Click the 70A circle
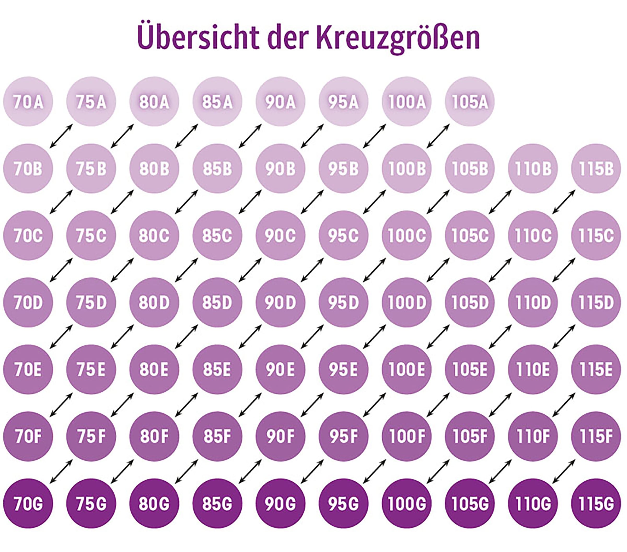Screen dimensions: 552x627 (x=28, y=102)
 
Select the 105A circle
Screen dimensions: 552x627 (x=470, y=102)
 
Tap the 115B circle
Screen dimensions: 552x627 (x=596, y=169)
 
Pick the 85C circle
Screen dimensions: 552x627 (x=217, y=236)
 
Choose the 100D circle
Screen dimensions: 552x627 (x=407, y=303)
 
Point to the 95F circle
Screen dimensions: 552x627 (x=344, y=436)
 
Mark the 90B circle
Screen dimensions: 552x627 (x=280, y=169)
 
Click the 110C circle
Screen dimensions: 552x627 (x=533, y=236)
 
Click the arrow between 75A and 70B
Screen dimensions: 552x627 (x=61, y=136)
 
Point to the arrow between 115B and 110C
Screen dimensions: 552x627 (x=564, y=202)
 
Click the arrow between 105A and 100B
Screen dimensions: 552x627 (x=438, y=136)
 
